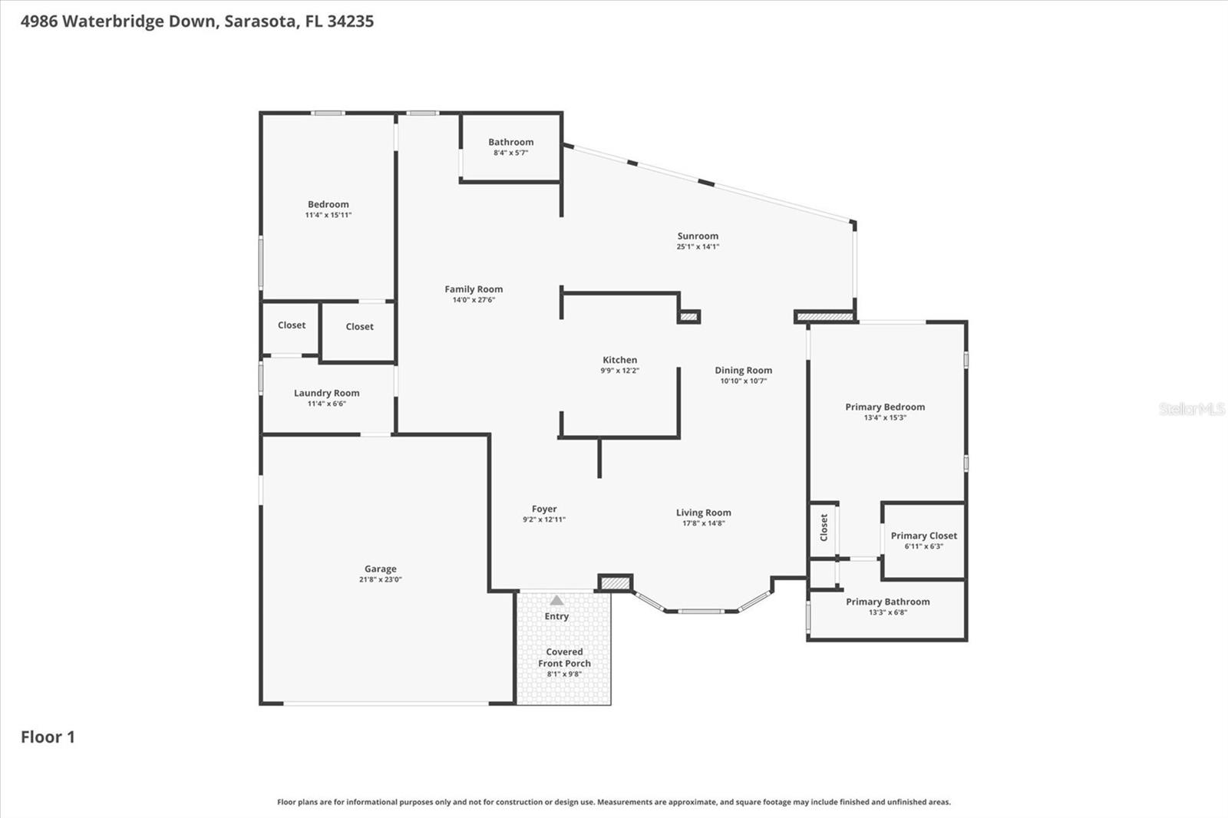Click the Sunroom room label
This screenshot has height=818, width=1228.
pos(698,236)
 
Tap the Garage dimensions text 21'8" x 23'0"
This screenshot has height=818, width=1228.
pos(380,579)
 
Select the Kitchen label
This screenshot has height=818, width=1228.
pos(619,360)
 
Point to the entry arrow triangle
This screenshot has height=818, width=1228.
pos(556,600)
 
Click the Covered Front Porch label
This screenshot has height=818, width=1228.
pos(564,658)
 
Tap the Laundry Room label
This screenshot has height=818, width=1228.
pos(326,393)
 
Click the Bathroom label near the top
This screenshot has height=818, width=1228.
pos(510,142)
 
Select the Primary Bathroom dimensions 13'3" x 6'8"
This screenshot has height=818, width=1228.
pos(887,612)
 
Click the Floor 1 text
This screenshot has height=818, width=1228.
pos(48,737)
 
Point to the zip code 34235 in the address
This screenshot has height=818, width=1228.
pos(350,21)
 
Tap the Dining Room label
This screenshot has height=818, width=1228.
pos(743,371)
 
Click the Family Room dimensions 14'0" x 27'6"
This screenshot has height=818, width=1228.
pos(474,300)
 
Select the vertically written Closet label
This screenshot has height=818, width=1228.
pos(824,527)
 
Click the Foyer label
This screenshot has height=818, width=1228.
pos(544,509)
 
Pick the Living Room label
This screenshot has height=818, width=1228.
pos(703,513)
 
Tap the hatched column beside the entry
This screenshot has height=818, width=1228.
pos(615,584)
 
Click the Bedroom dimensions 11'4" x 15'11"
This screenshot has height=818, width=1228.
pos(328,215)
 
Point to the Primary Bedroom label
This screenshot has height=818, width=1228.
pos(885,407)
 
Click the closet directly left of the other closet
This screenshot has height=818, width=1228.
pos(291,326)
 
